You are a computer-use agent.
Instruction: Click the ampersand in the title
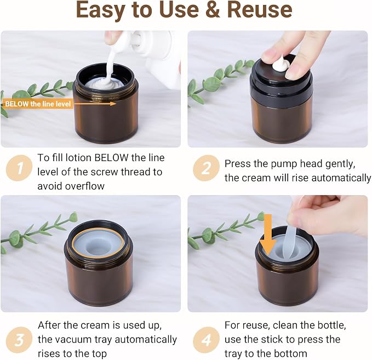(x=213, y=10)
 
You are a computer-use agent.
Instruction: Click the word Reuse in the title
(x=260, y=10)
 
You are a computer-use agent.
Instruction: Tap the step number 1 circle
(x=19, y=168)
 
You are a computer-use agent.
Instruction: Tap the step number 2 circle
(x=206, y=168)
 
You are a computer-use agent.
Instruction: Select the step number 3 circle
(x=19, y=340)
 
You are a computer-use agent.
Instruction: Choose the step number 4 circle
(x=206, y=340)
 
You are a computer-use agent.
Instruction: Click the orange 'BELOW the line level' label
(x=37, y=104)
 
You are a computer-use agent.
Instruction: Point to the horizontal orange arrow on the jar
(x=95, y=104)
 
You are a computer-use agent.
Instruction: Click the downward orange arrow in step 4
(x=268, y=235)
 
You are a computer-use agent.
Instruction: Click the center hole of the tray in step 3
(x=98, y=248)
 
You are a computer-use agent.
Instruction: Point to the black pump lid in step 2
(x=281, y=78)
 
